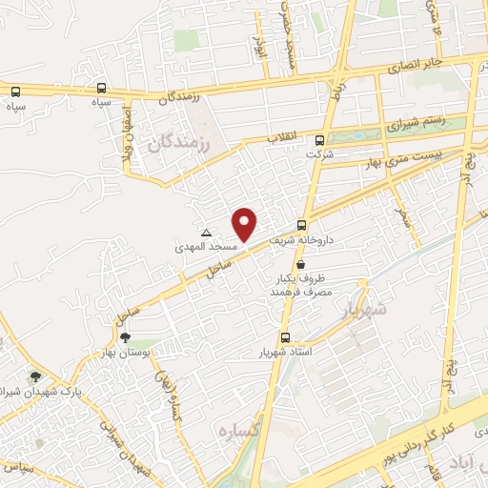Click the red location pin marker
coord(246,224)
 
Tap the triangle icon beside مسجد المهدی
coord(206,233)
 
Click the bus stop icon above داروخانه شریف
coord(302,226)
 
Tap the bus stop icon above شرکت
coord(319,140)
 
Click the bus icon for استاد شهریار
coord(285,337)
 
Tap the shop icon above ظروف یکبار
coord(302,265)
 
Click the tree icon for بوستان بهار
coord(125,337)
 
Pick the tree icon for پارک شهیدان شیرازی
coord(36,377)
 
